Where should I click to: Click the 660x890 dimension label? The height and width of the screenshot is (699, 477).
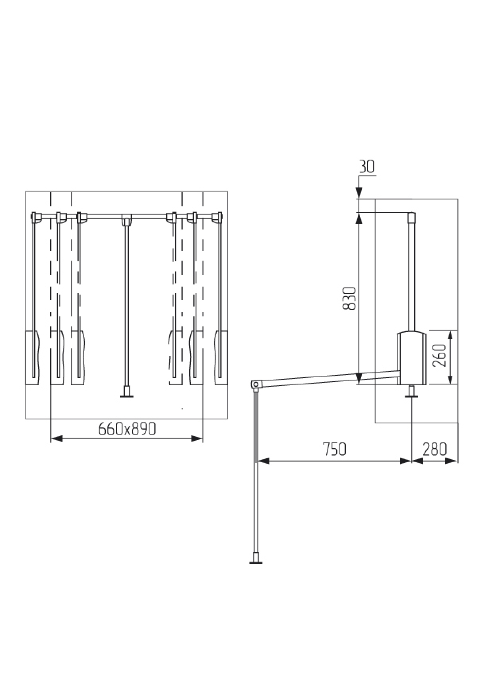[x=127, y=429]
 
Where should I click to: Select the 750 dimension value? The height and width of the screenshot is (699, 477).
[x=334, y=449]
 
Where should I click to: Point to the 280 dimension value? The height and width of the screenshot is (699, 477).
[x=434, y=449]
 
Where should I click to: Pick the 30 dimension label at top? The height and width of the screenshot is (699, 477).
[x=367, y=167]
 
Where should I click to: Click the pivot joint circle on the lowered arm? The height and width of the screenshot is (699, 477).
[x=256, y=384]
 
